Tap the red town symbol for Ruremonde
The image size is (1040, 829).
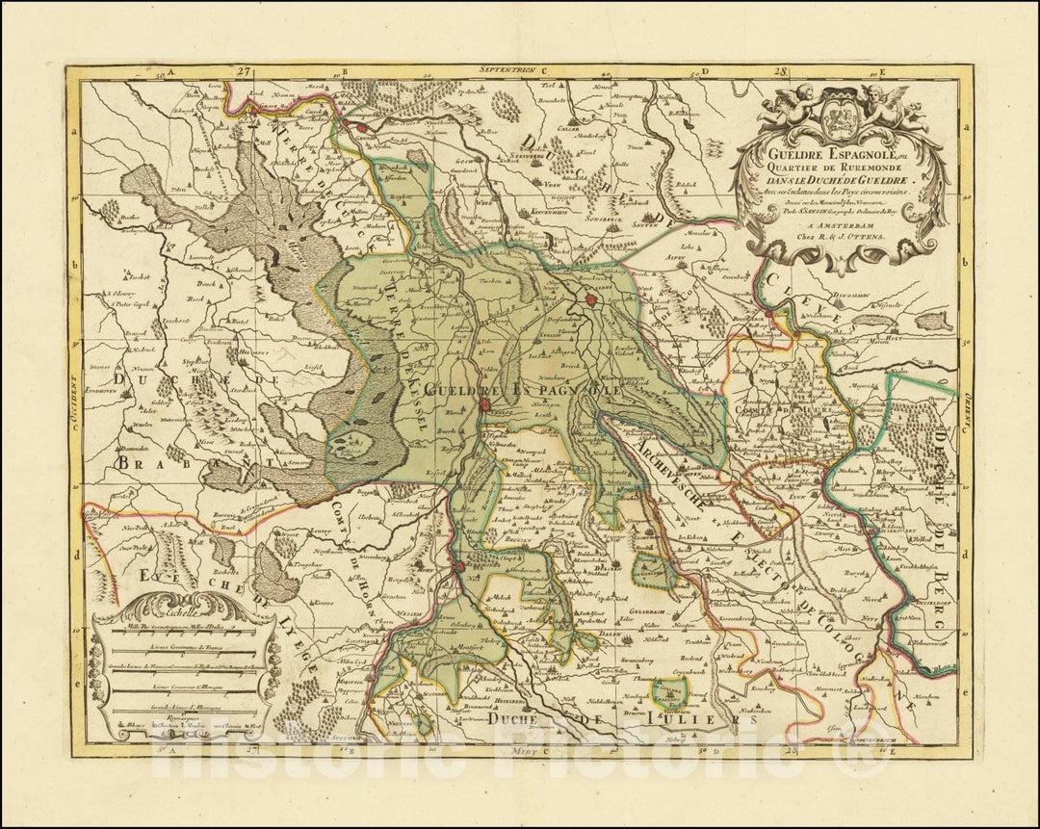click(x=460, y=568)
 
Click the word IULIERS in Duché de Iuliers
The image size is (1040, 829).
click(x=709, y=718)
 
